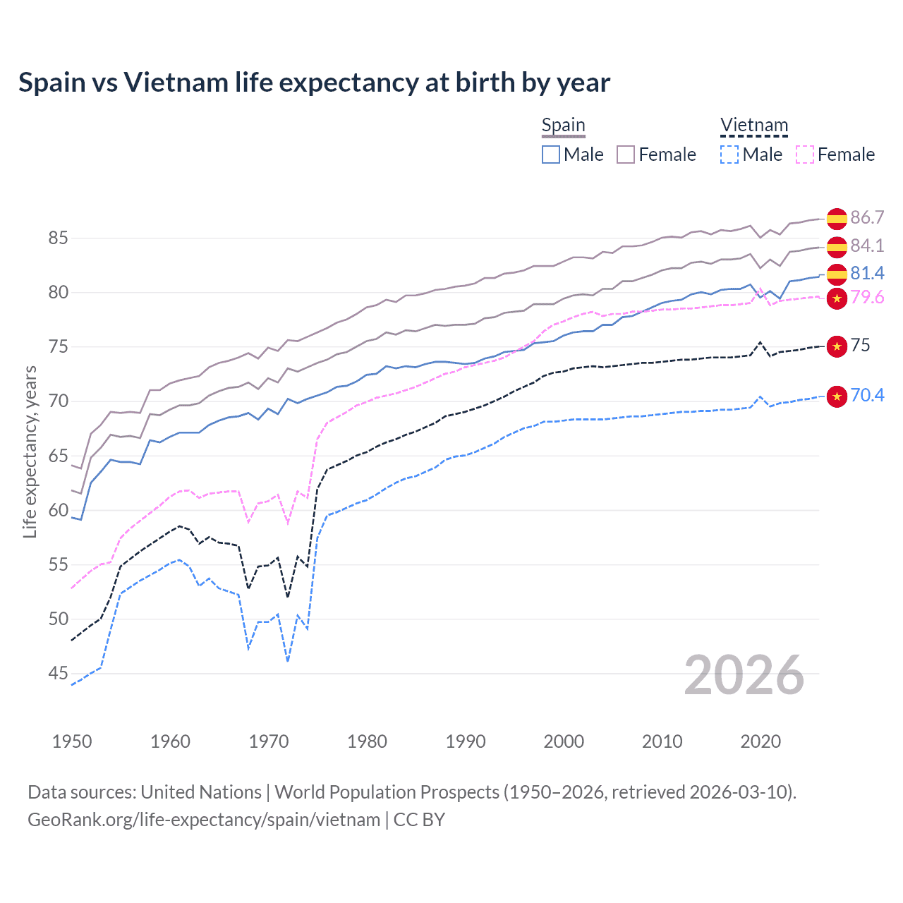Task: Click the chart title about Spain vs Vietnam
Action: (x=314, y=83)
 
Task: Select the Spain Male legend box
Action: (x=551, y=154)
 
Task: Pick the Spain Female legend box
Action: (x=626, y=154)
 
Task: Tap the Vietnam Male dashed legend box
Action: (x=729, y=154)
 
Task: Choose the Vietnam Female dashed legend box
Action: (x=805, y=154)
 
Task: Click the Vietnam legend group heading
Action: (x=753, y=126)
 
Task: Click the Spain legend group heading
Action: (x=563, y=126)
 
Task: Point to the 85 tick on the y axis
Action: (x=58, y=238)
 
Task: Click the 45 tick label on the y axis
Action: (x=58, y=674)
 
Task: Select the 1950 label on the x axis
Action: (x=72, y=741)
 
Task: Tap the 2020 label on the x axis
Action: (x=760, y=741)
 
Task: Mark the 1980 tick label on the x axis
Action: (x=367, y=741)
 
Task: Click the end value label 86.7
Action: (x=867, y=218)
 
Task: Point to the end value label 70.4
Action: (x=867, y=396)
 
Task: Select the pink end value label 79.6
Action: (x=867, y=298)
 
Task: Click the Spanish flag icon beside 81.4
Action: (x=837, y=274)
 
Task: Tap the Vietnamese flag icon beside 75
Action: (x=837, y=346)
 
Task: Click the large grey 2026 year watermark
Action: (x=744, y=675)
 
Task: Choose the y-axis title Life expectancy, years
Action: (x=30, y=451)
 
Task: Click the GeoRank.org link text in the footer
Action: (x=204, y=820)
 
